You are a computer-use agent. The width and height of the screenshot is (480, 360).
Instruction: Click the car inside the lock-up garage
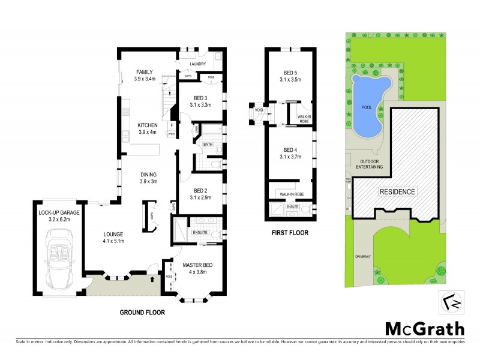(x=60, y=261)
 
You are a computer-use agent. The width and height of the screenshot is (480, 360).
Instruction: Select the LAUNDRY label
(x=197, y=64)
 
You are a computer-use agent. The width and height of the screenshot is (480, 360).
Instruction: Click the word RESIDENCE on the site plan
(x=396, y=191)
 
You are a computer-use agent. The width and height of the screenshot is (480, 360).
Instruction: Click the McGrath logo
(x=424, y=329)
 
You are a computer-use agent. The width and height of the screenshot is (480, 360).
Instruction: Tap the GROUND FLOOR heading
(x=142, y=313)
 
